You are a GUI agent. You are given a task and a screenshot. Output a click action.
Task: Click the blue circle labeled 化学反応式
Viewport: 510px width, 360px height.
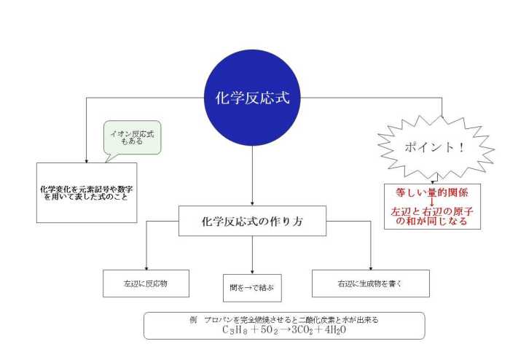click(x=252, y=98)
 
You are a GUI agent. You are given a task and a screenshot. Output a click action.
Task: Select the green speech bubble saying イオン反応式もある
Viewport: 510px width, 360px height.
click(x=133, y=138)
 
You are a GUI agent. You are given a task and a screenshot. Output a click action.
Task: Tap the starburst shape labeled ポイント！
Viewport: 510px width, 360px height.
click(x=436, y=147)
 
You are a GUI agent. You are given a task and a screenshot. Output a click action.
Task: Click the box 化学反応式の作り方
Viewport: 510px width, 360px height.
click(x=252, y=221)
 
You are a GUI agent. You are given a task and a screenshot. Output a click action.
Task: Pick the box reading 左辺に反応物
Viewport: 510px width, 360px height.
click(x=146, y=283)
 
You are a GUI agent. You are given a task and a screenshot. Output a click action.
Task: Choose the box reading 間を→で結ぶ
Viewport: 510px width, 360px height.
click(x=252, y=288)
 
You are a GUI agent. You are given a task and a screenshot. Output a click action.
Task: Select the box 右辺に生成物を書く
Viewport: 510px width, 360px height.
click(x=371, y=283)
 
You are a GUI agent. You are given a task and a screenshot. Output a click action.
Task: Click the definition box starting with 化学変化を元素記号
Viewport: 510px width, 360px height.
click(x=87, y=193)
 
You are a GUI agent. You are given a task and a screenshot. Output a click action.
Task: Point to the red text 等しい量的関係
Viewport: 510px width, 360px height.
click(x=432, y=192)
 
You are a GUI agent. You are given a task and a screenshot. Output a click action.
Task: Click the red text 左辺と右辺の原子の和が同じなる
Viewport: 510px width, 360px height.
click(x=432, y=216)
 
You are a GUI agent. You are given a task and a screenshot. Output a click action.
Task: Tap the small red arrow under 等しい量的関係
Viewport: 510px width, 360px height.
click(x=432, y=202)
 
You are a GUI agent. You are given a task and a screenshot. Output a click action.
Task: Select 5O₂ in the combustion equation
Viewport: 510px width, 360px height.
click(x=269, y=330)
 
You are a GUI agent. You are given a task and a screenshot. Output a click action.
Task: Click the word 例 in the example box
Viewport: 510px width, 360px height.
click(x=193, y=320)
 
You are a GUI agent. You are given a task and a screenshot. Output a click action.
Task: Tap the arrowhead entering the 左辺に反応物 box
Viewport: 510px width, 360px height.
click(x=146, y=268)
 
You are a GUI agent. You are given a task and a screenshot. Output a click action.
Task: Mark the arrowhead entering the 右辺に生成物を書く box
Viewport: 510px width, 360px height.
click(x=371, y=268)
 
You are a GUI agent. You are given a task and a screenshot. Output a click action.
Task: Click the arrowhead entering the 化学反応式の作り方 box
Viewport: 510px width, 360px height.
click(x=252, y=204)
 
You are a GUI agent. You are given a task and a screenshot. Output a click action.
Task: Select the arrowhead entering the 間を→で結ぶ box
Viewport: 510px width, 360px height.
click(x=252, y=273)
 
